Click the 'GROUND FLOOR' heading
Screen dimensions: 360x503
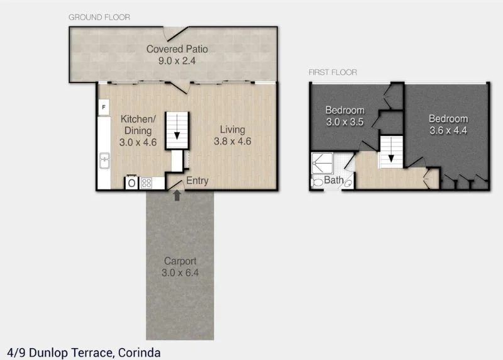(99, 18)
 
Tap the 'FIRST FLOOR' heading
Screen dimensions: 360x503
(333, 72)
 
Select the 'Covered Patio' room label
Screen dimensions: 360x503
(177, 49)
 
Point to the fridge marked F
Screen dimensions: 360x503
(103, 107)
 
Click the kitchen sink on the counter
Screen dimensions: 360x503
(104, 163)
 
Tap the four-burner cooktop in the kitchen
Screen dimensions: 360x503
(147, 183)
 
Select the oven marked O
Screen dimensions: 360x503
(131, 183)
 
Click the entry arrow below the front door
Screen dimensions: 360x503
(177, 196)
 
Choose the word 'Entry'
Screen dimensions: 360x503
(197, 181)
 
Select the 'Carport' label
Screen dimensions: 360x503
(180, 261)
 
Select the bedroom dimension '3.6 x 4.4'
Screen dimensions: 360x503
(448, 130)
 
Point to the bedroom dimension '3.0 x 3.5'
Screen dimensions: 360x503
(345, 122)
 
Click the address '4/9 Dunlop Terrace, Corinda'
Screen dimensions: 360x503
(84, 352)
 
